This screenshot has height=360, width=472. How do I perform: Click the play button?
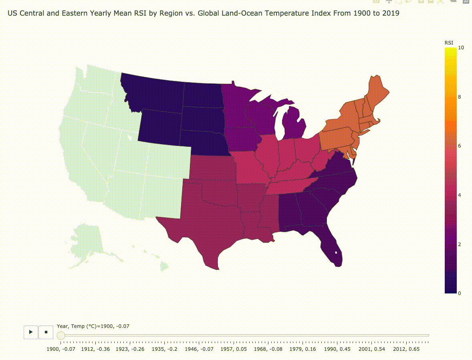click(x=31, y=332)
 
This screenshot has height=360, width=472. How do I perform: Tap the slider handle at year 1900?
click(x=61, y=335)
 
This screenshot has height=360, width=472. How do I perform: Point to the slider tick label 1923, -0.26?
click(x=130, y=349)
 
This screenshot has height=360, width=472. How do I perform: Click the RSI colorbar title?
click(x=449, y=42)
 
